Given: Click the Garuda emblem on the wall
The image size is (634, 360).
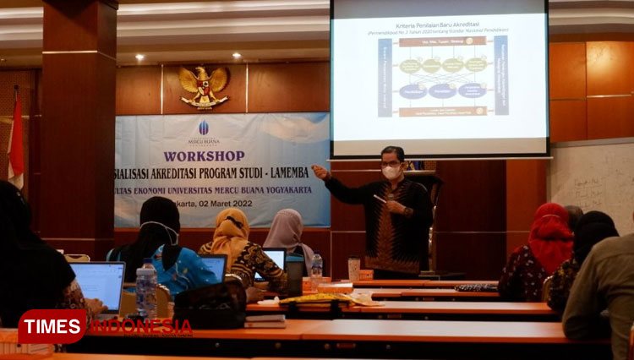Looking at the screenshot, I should tap(204, 86).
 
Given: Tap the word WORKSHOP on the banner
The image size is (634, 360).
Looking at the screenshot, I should tap(204, 156).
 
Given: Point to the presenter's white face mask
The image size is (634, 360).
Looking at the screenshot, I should tap(391, 171).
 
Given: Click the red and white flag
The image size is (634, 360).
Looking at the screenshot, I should tap(16, 139).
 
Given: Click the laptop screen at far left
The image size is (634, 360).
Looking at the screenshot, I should tap(97, 284).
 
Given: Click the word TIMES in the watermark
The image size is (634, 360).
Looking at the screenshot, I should tap(52, 326).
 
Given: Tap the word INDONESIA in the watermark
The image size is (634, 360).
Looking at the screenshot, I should tap(140, 326).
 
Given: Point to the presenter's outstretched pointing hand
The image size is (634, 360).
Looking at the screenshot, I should tap(319, 172).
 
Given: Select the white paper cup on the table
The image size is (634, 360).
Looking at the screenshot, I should tap(353, 269).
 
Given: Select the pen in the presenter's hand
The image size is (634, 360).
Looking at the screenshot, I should tap(380, 199).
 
